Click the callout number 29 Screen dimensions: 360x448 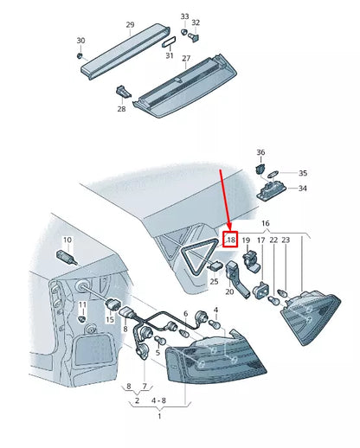(130, 25)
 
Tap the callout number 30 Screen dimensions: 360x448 (80, 41)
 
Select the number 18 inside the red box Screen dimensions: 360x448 (231, 240)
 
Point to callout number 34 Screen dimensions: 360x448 (302, 189)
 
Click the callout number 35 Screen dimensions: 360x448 (303, 173)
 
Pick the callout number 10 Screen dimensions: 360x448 (67, 240)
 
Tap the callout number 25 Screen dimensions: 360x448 (214, 281)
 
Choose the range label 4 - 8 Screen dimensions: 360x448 (158, 400)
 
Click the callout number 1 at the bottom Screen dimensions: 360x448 (159, 416)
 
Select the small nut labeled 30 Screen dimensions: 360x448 (80, 55)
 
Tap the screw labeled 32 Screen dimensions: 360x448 (195, 37)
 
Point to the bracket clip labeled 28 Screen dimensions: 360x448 (123, 92)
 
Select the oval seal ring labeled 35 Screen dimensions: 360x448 (273, 174)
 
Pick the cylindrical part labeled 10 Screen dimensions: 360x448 (67, 257)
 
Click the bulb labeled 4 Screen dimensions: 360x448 (214, 324)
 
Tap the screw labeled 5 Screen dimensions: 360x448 (160, 341)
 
